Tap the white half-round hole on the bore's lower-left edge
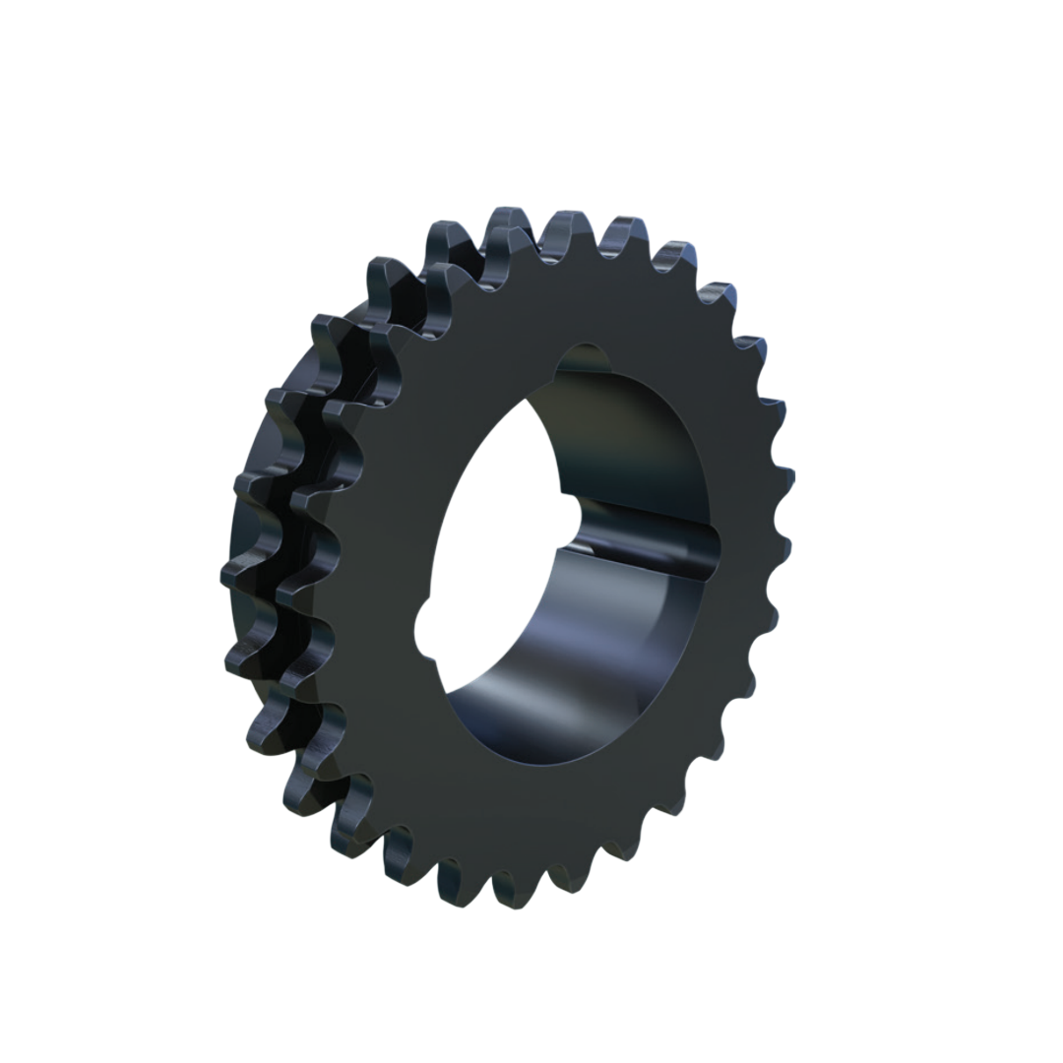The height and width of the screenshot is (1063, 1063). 425,627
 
